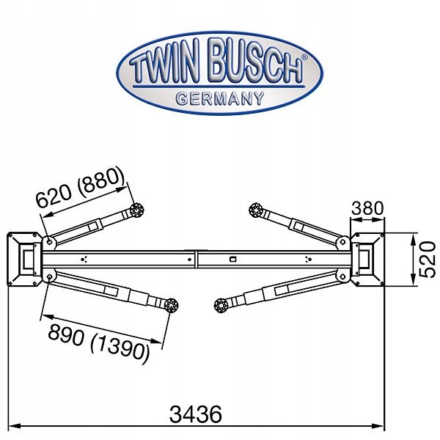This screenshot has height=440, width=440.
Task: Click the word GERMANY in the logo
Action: pos(220,99)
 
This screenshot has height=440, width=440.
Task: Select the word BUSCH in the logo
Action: pos(256,62)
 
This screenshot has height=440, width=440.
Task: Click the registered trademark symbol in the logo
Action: pos(304,57)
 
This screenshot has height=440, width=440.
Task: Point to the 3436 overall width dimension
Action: pos(196,414)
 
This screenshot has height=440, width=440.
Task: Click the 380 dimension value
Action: pos(367,208)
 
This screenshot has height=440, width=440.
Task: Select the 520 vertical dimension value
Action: pos(427,260)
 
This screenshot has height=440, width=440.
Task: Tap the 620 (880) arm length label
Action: pos(80,188)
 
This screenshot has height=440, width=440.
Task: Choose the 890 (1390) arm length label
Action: pos(98,344)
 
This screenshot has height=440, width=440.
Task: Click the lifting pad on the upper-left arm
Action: pos(137,210)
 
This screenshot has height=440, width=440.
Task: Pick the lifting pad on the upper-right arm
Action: pos(256,210)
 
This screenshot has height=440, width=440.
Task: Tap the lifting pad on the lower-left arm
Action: pos(171,306)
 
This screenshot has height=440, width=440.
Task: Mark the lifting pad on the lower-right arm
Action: pos(221,306)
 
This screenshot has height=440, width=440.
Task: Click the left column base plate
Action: pos(24,260)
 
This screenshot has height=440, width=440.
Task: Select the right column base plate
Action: pos(367,260)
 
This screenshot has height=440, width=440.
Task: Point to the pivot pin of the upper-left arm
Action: pos(49,241)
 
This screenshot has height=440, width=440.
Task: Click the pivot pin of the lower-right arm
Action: pos(342,277)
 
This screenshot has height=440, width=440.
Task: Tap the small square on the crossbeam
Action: pos(232,260)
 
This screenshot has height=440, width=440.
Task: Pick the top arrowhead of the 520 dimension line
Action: pos(413,238)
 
